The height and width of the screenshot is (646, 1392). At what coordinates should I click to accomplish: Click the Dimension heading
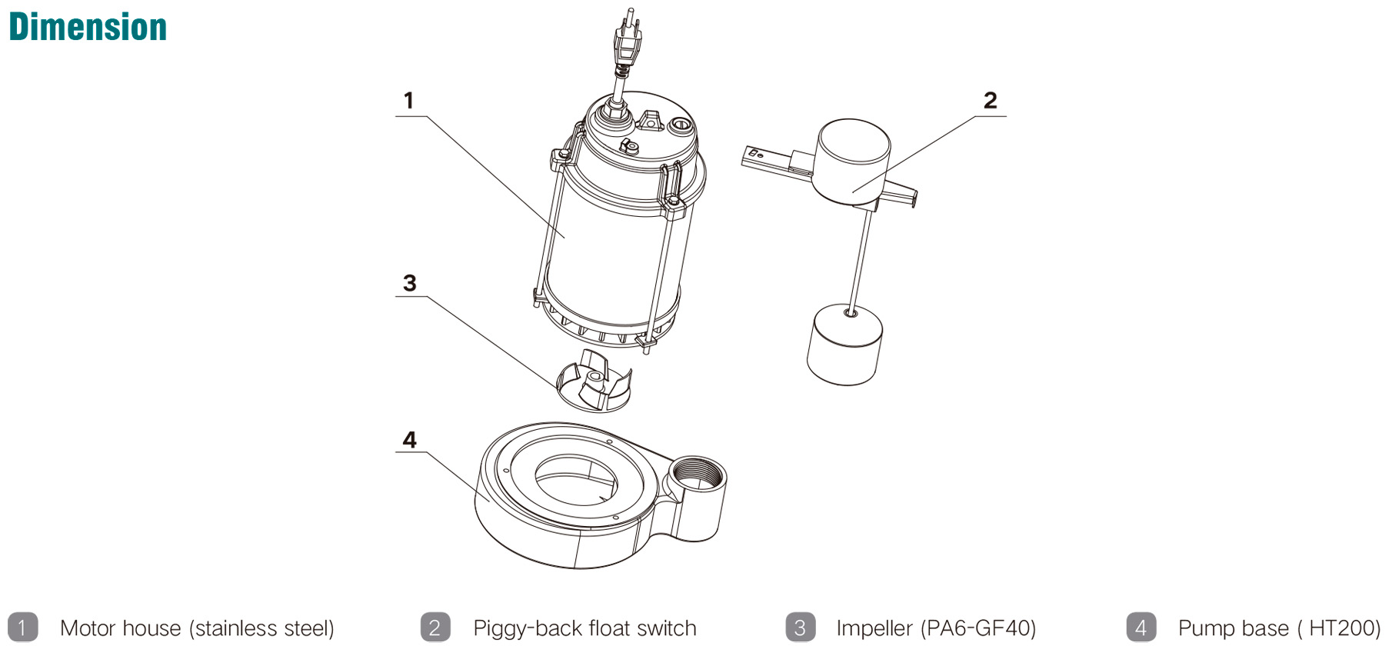click(88, 28)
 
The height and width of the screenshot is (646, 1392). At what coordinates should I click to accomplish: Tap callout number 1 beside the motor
click(408, 101)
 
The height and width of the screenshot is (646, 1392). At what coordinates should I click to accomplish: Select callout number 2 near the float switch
click(990, 101)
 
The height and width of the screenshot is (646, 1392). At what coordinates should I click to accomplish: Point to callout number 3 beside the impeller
click(409, 284)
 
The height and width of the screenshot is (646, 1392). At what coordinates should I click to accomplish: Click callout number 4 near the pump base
click(409, 440)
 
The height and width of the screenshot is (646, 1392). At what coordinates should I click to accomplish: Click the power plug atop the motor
click(627, 43)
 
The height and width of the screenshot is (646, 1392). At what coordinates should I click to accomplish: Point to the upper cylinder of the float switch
click(853, 161)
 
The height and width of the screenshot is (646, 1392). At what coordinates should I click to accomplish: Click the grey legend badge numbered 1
click(22, 628)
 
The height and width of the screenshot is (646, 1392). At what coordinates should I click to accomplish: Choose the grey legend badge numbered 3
click(800, 628)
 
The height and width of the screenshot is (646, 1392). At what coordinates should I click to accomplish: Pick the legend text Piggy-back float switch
click(584, 628)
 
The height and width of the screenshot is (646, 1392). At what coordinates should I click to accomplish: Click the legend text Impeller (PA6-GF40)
click(936, 628)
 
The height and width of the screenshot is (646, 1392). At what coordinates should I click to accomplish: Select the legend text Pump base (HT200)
click(1279, 628)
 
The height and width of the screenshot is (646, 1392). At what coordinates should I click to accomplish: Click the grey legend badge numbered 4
click(1141, 628)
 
